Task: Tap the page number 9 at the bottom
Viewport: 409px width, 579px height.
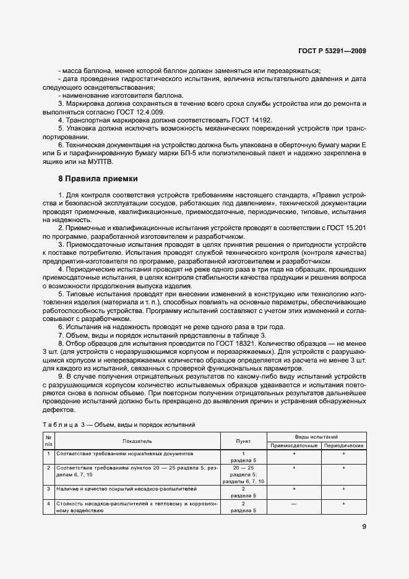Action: tap(364, 527)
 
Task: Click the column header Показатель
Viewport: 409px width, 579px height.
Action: tap(137, 441)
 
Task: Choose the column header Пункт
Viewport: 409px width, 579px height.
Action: tap(243, 441)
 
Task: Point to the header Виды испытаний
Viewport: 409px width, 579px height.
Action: tap(316, 437)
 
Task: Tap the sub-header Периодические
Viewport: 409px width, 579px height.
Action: tap(343, 445)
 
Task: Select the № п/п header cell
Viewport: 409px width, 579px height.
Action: tap(48, 441)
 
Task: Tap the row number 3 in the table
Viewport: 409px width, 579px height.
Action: tap(48, 489)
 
